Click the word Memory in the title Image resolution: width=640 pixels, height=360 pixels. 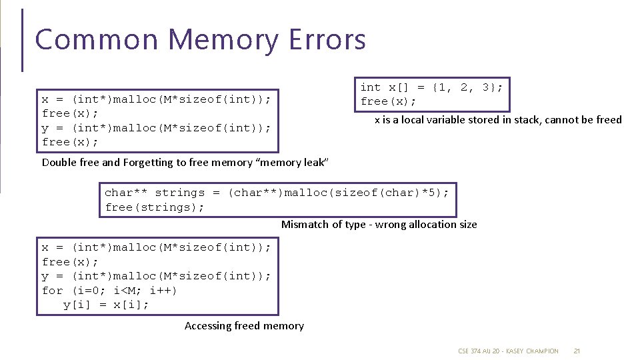(225, 40)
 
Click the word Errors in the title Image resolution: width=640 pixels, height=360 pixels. (327, 39)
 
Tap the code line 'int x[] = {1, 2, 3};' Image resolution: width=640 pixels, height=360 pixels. (431, 87)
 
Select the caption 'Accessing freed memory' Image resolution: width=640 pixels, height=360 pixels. (244, 326)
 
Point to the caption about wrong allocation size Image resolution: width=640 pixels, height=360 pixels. (379, 225)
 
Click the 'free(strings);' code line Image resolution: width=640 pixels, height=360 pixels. (154, 207)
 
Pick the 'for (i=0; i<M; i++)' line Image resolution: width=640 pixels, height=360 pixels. (109, 291)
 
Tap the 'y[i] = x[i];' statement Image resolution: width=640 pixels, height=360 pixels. (106, 305)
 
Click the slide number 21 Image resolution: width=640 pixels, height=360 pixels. (577, 351)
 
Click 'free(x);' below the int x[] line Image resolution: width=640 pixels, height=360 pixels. (388, 102)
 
